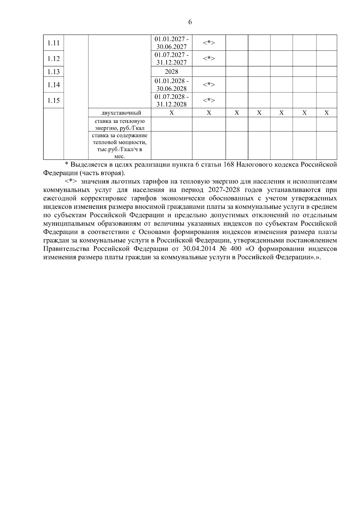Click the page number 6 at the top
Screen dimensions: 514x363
(190, 22)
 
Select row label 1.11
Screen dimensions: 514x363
(54, 43)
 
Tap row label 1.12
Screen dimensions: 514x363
(54, 59)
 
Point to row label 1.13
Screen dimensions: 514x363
(54, 72)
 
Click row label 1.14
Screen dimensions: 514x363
(54, 85)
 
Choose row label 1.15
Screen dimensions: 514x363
(54, 100)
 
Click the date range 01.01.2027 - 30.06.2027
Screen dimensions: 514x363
(172, 43)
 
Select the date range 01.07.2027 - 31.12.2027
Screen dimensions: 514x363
(172, 59)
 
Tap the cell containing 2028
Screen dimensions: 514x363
(172, 72)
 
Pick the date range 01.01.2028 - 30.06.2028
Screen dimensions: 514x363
(172, 85)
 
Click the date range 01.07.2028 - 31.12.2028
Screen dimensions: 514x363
(172, 100)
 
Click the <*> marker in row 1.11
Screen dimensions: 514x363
(209, 43)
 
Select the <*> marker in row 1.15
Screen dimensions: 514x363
(209, 100)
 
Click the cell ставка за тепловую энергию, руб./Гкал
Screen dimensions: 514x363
(120, 124)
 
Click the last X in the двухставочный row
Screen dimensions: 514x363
(326, 113)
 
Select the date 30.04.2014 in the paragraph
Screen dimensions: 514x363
(198, 249)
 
